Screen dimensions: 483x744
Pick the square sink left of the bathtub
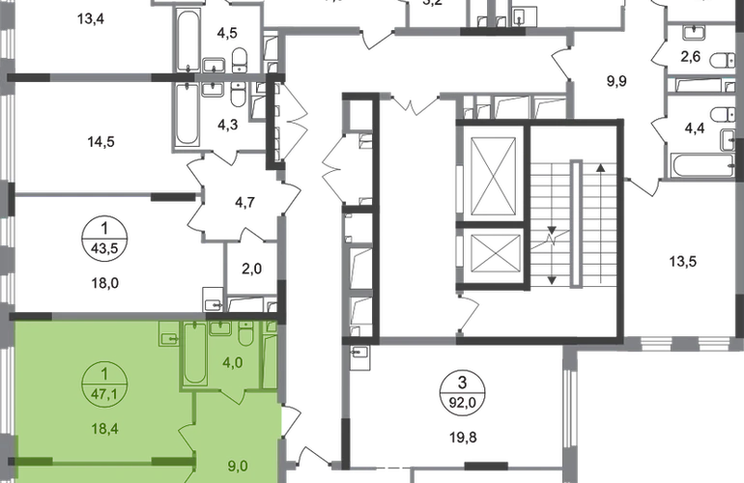(166, 337)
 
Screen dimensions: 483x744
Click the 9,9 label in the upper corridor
(613, 82)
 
